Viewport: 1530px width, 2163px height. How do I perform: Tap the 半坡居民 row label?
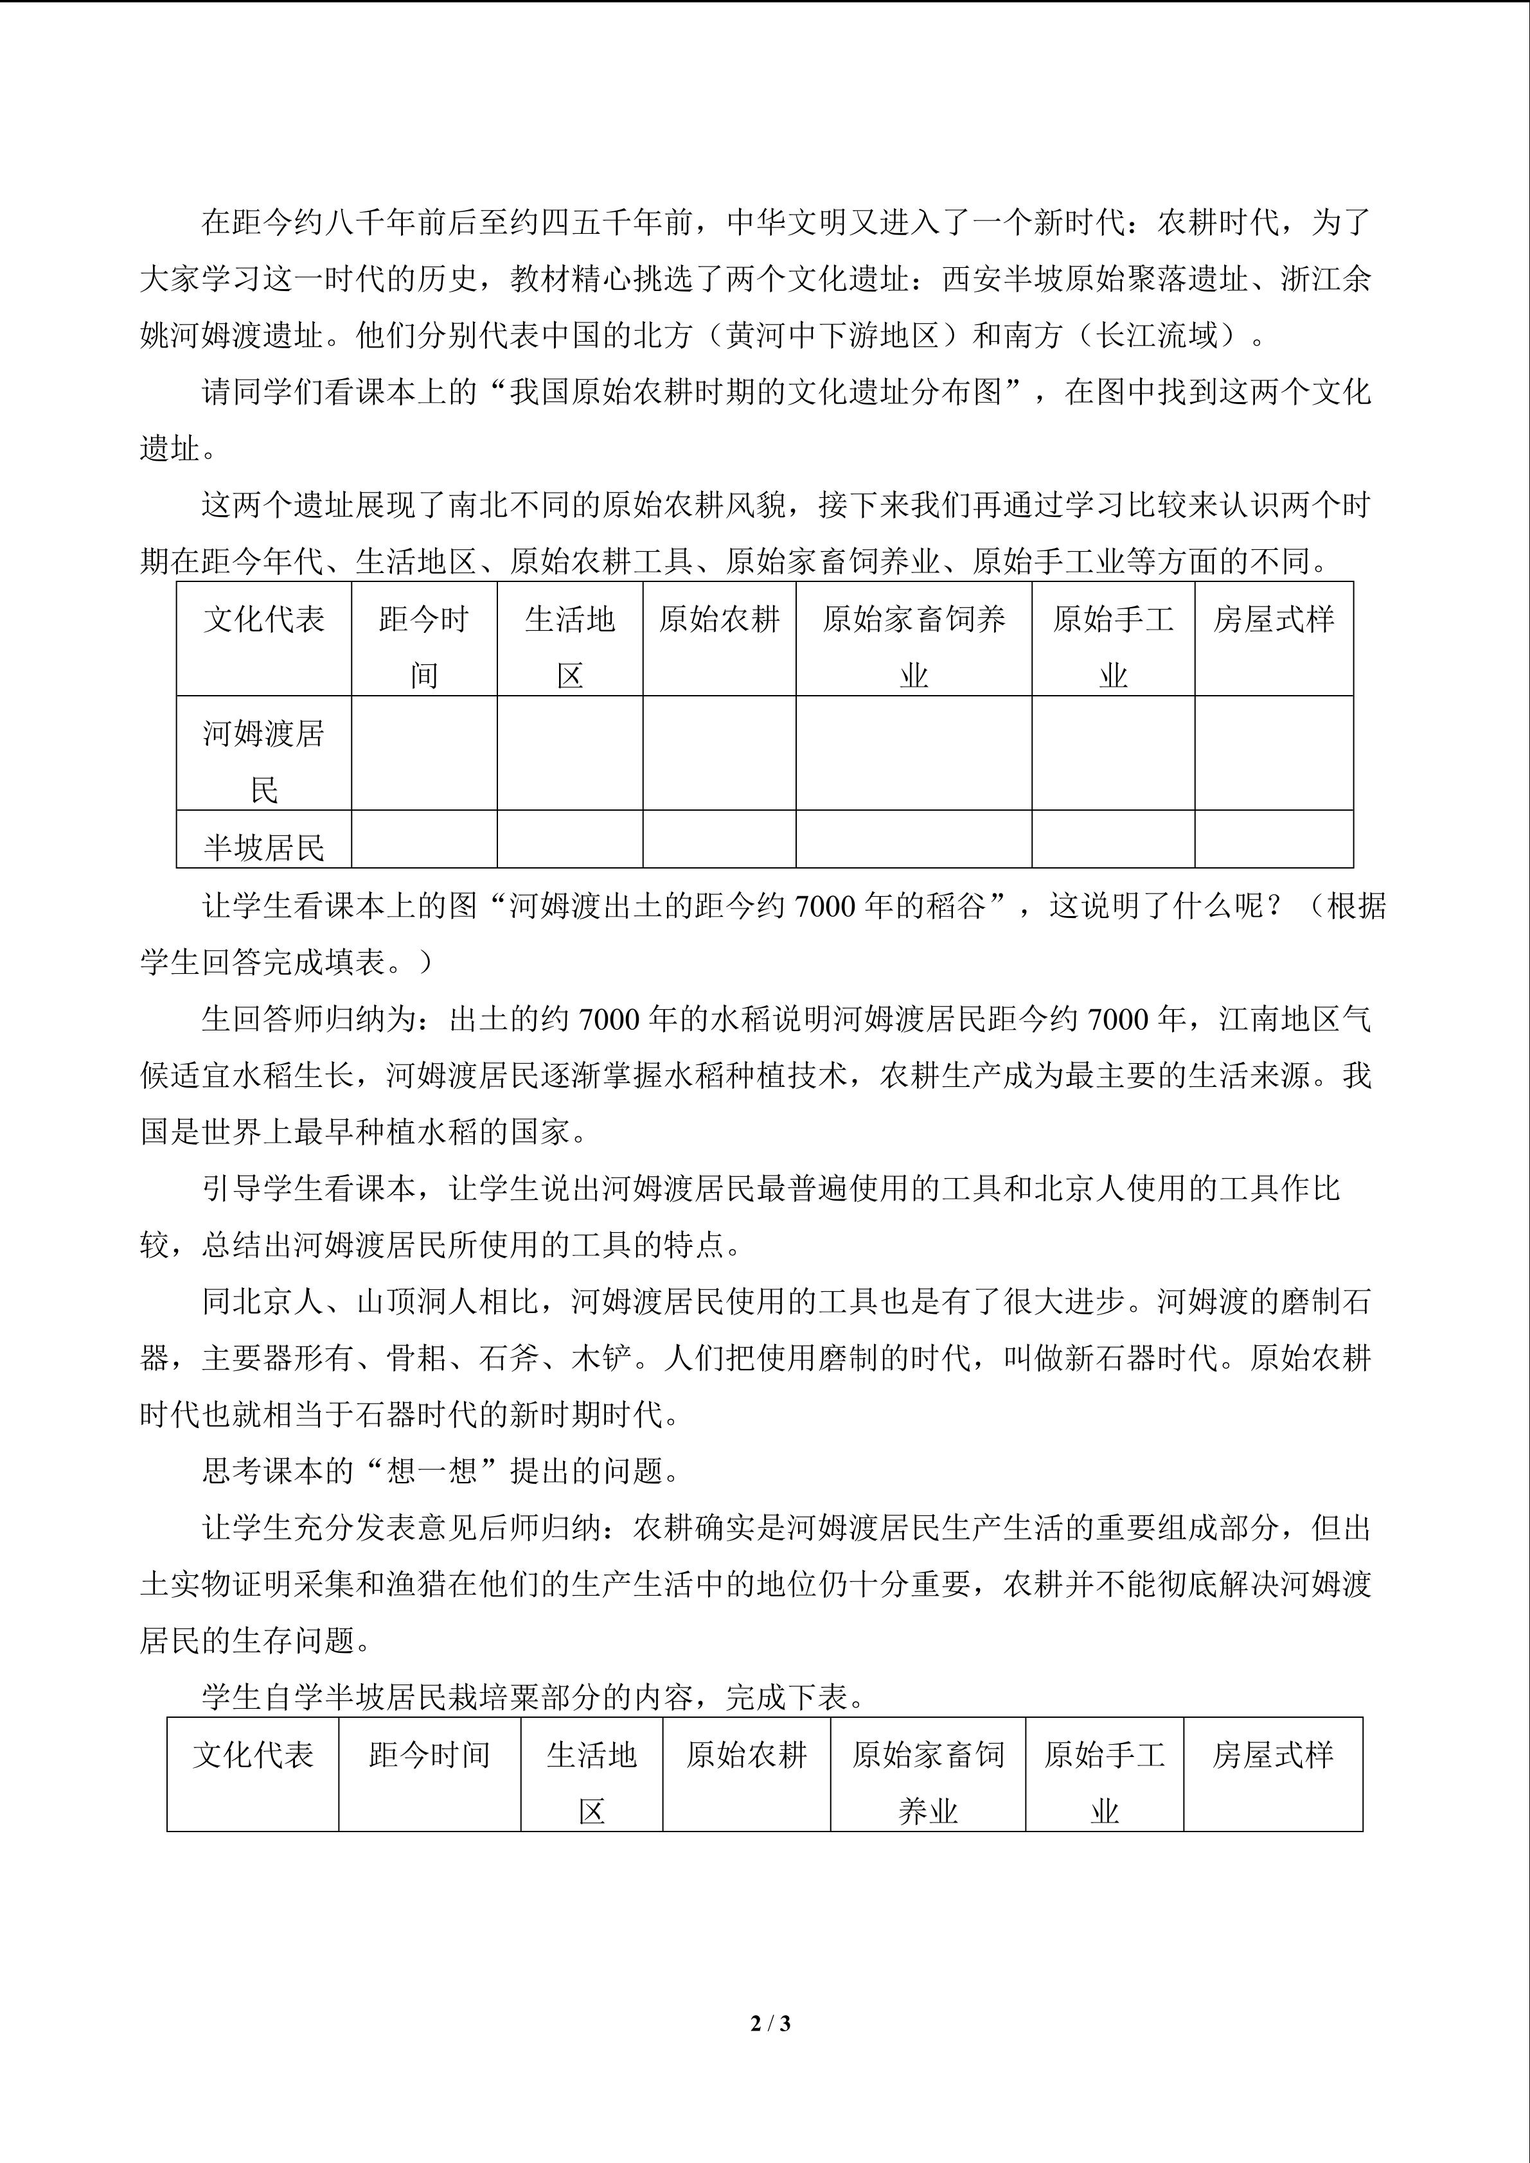pyautogui.click(x=264, y=847)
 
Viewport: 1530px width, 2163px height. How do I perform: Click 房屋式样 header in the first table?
pyautogui.click(x=1274, y=619)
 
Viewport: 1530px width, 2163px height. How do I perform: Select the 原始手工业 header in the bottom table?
pyautogui.click(x=1104, y=1773)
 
